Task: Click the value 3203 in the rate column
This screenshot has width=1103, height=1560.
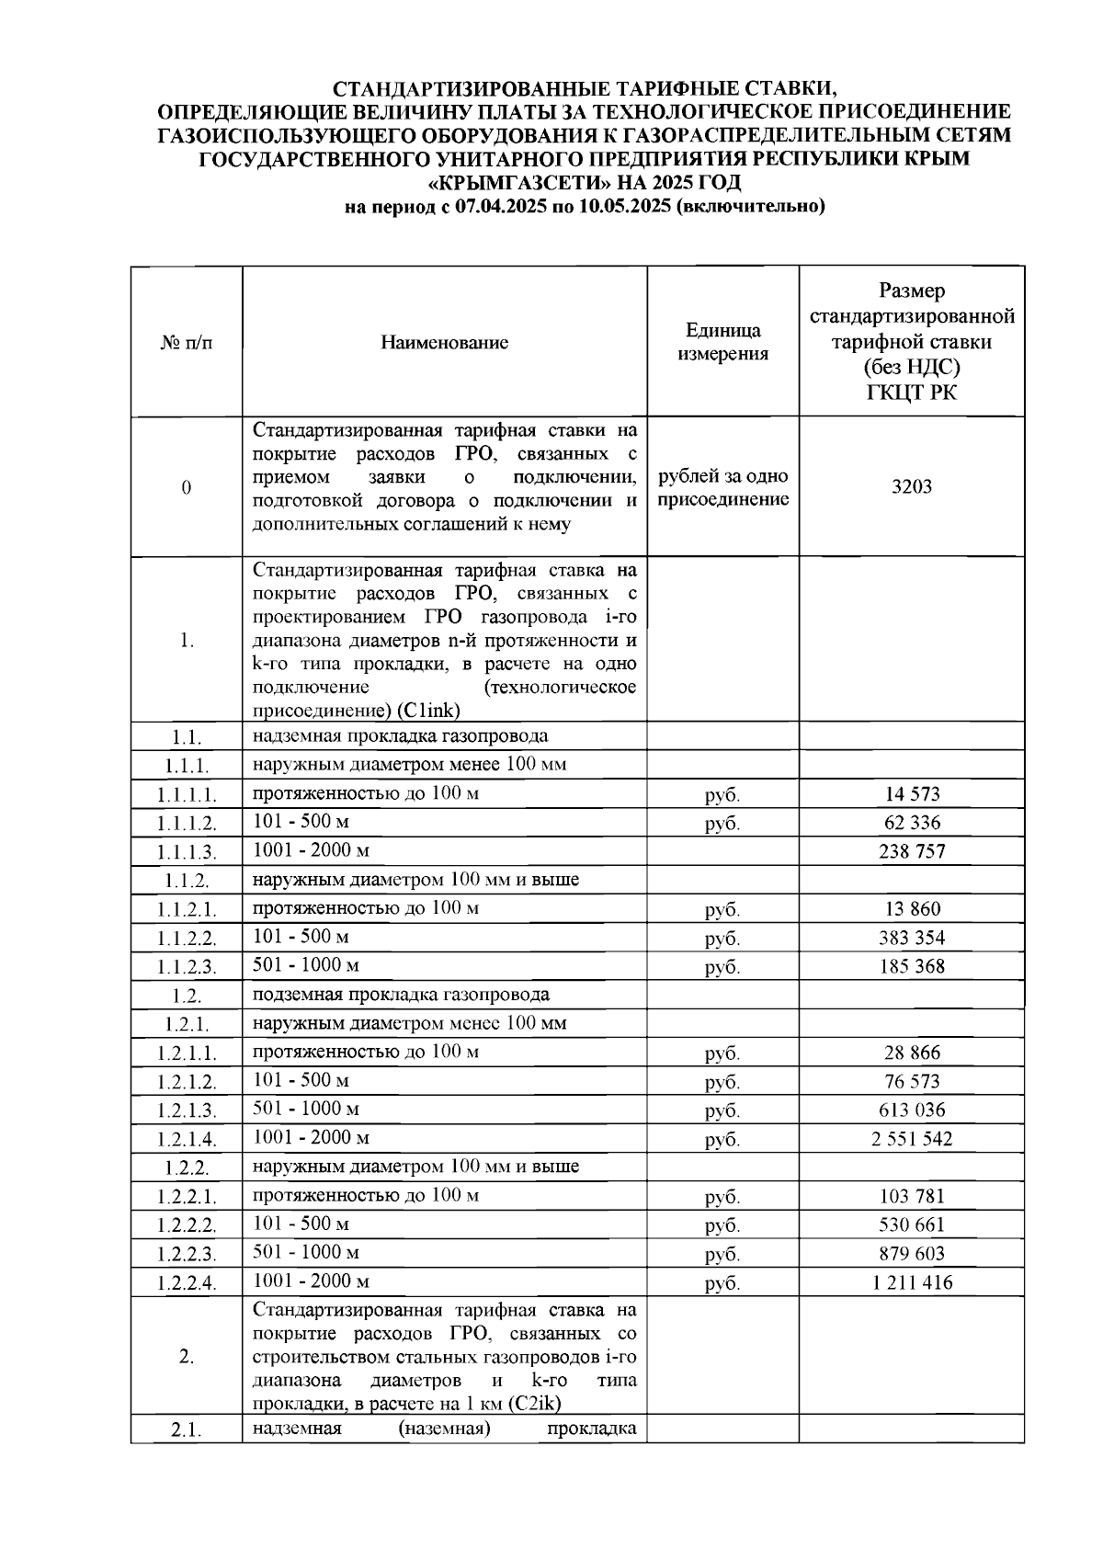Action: click(x=911, y=487)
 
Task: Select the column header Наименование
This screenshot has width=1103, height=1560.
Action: click(x=444, y=343)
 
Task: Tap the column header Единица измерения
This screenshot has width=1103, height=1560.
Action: click(x=722, y=343)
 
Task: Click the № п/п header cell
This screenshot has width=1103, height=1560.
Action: click(x=187, y=343)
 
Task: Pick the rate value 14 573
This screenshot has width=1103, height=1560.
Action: click(x=911, y=794)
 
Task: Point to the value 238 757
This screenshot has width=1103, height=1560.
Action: click(x=911, y=851)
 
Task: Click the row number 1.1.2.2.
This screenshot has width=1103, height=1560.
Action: click(x=187, y=939)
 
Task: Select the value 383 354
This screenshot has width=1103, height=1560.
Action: click(x=911, y=938)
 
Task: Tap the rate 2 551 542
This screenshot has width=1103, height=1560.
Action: click(x=911, y=1139)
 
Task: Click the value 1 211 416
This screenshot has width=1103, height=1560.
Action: click(x=911, y=1282)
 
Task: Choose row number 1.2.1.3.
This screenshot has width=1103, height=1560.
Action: click(x=187, y=1110)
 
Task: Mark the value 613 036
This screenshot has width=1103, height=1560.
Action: click(x=911, y=1110)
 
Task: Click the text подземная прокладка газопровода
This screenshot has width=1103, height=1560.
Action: click(x=401, y=995)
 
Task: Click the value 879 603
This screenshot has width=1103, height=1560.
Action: click(x=911, y=1254)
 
